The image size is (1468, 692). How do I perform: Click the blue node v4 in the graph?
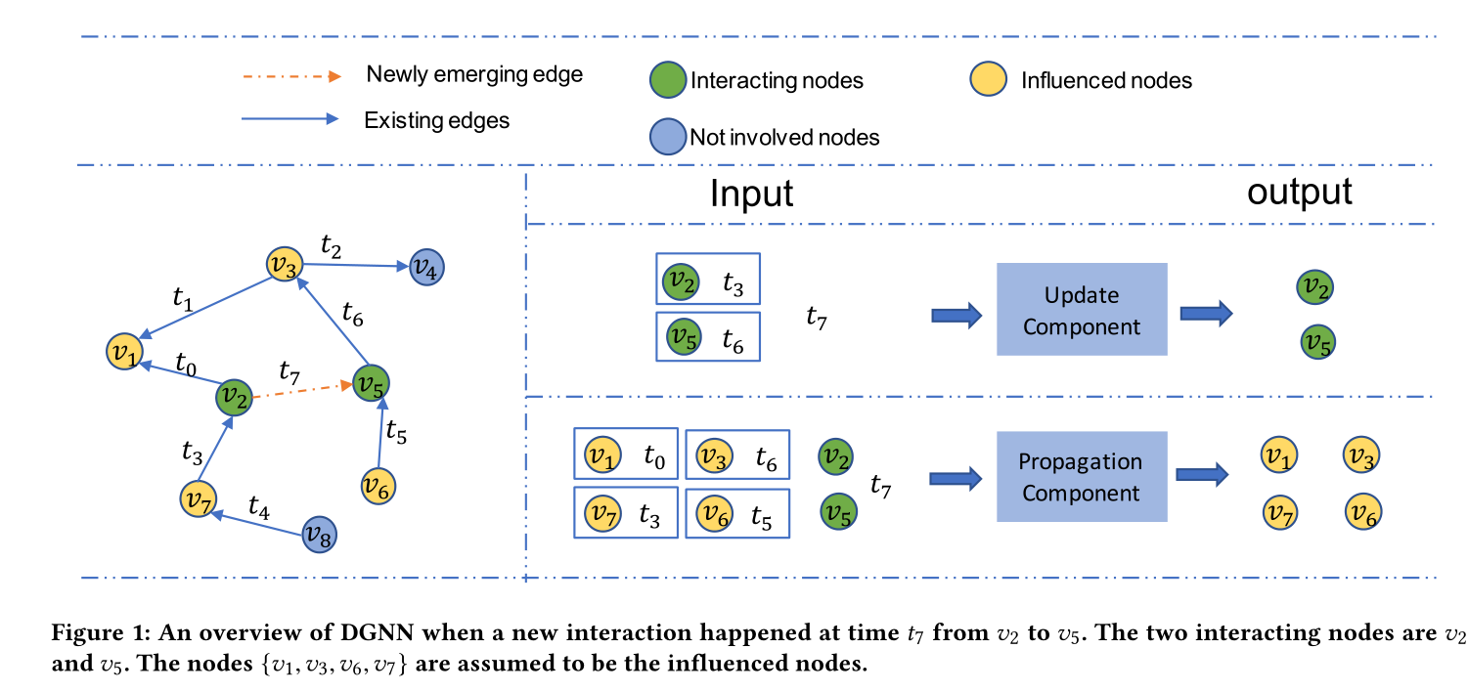click(x=426, y=266)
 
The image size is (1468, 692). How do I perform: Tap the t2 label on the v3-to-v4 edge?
click(x=334, y=246)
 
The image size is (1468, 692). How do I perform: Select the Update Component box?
click(x=1082, y=309)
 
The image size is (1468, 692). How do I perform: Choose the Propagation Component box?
click(x=1082, y=477)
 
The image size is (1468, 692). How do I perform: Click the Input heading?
click(x=751, y=194)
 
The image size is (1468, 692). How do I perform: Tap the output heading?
click(x=1300, y=191)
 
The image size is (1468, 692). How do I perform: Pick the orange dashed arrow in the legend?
click(x=292, y=75)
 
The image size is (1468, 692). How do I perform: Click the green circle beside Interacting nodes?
click(x=668, y=81)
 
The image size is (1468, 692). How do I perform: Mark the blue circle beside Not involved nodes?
click(x=668, y=137)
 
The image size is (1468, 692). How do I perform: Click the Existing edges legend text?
click(x=436, y=121)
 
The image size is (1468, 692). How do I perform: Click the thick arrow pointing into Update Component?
click(x=956, y=315)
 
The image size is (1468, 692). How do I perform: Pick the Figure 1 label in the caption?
click(x=89, y=632)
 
